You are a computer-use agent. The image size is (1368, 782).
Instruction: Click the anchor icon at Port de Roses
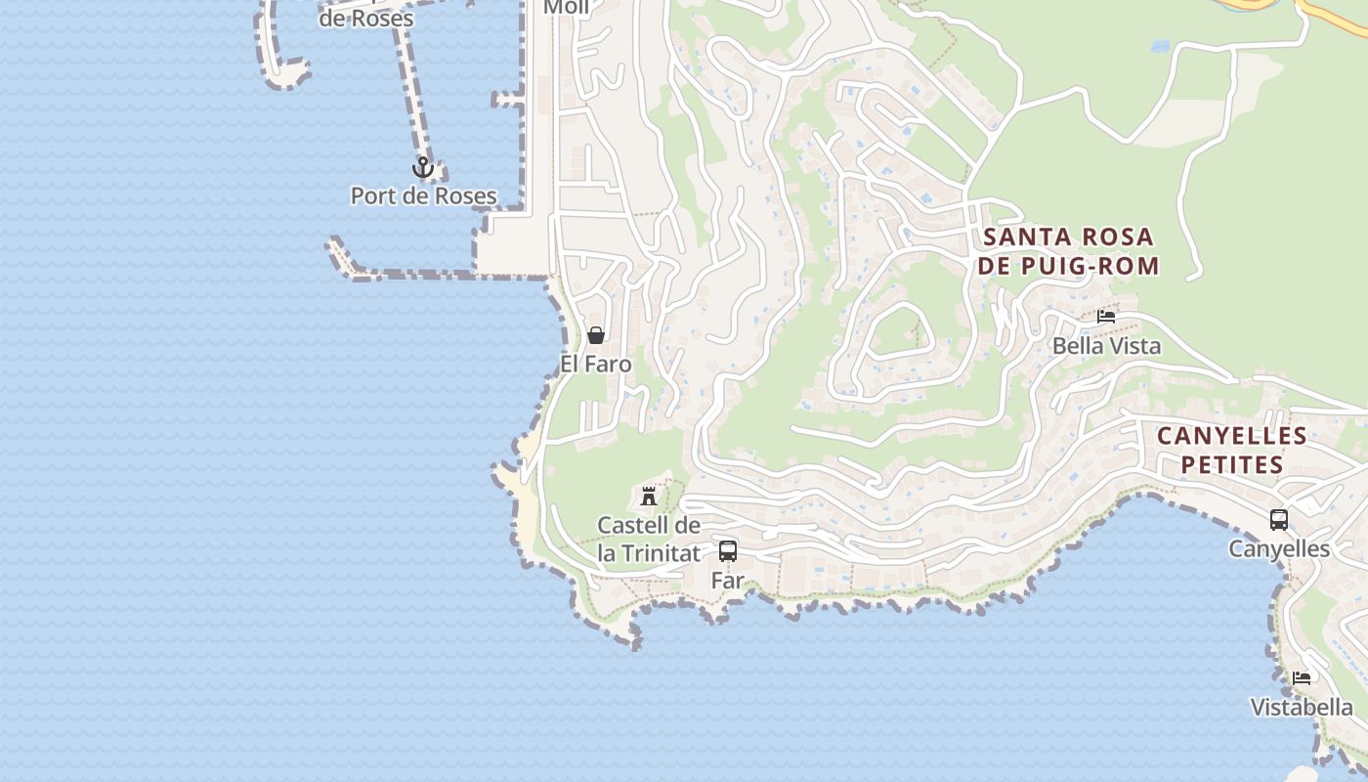click(422, 167)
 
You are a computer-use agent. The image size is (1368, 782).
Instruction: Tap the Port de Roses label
click(423, 195)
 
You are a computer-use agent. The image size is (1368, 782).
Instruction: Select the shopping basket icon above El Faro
click(595, 335)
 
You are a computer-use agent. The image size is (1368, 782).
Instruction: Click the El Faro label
click(595, 364)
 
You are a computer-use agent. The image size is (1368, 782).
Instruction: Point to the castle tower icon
click(648, 496)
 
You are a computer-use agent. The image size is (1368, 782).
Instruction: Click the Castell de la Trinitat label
click(649, 539)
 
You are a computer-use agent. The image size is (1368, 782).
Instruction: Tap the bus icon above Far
click(727, 550)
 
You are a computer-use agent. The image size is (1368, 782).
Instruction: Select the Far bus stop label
click(727, 580)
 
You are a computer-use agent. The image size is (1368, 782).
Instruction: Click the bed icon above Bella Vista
click(1106, 317)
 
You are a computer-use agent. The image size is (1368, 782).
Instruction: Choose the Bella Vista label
click(1106, 345)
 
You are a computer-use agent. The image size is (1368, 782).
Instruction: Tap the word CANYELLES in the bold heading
click(1231, 436)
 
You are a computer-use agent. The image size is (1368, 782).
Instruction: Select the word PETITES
click(1231, 464)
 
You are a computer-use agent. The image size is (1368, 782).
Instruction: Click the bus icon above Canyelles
click(1278, 520)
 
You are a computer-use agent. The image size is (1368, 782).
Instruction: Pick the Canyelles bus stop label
click(1278, 548)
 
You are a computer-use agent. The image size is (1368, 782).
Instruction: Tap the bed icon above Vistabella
click(1302, 677)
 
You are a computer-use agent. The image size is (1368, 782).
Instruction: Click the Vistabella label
click(1302, 707)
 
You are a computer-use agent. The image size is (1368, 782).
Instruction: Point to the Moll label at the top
click(566, 8)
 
